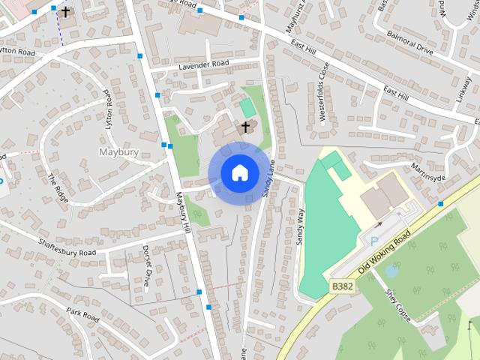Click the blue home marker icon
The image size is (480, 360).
click(x=238, y=172)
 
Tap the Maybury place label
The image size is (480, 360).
click(x=119, y=152)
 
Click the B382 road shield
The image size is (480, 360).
click(x=342, y=286)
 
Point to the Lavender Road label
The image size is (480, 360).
click(x=202, y=66)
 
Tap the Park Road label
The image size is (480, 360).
click(x=82, y=314)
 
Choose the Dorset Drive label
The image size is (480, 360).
click(x=147, y=266)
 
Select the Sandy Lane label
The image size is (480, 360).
click(x=268, y=180)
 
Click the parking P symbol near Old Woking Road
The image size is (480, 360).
click(x=374, y=241)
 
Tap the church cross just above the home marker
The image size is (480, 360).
click(x=244, y=127)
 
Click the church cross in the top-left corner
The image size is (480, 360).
click(x=66, y=11)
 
